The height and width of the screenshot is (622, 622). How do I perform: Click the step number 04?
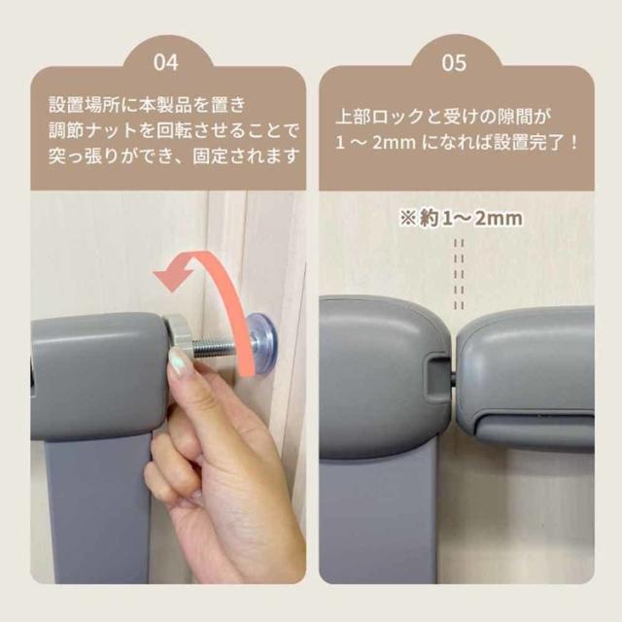click(166, 63)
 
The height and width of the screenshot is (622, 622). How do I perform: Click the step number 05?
click(454, 63)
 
